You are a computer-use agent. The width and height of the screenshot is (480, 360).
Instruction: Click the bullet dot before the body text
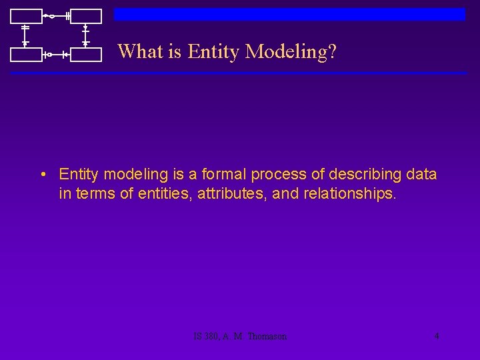click(x=42, y=175)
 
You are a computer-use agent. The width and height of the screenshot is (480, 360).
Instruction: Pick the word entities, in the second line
click(x=167, y=194)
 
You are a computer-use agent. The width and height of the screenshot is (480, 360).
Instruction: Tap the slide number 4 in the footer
click(x=437, y=336)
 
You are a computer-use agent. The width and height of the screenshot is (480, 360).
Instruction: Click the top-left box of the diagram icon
click(x=25, y=16)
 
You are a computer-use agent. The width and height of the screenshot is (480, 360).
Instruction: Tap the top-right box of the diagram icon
click(x=86, y=16)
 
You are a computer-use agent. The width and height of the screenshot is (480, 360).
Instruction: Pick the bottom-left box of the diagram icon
click(x=25, y=55)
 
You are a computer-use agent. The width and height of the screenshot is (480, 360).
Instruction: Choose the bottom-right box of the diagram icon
click(x=86, y=55)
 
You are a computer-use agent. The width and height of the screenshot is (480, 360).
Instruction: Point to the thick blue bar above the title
click(x=289, y=14)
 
